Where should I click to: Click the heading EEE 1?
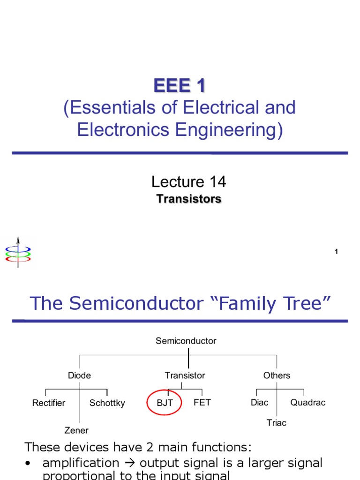[x=180, y=86]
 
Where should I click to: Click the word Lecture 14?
[x=188, y=181]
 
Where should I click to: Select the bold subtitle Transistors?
[x=188, y=199]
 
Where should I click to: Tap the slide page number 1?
[x=336, y=252]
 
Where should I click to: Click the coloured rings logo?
[x=18, y=253]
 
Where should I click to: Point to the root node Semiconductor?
[x=186, y=341]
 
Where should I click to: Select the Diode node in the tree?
[x=79, y=375]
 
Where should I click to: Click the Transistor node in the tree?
[x=185, y=375]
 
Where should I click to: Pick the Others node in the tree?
[x=277, y=375]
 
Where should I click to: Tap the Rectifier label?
[x=49, y=403]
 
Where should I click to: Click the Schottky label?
[x=107, y=403]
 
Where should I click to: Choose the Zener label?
[x=76, y=430]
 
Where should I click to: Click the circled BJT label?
[x=165, y=403]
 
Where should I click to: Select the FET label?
[x=202, y=402]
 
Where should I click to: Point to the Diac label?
[x=260, y=403]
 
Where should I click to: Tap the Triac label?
[x=277, y=423]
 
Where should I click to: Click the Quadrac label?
[x=307, y=403]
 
